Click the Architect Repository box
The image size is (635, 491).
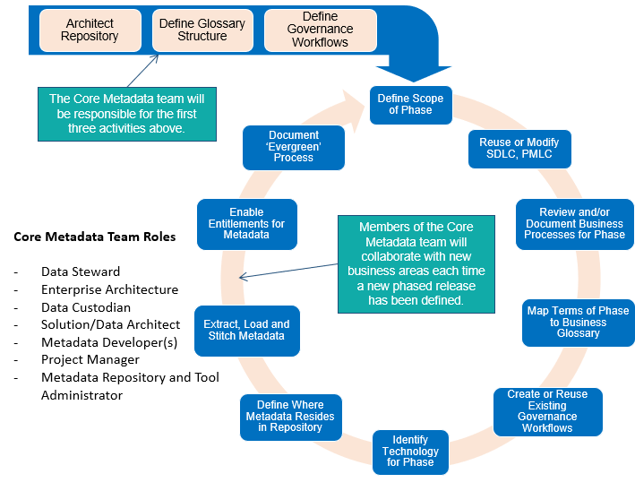point(90,30)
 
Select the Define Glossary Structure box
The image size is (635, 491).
point(202,30)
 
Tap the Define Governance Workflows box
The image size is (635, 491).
point(320,30)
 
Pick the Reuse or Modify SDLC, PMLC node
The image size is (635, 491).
point(520,148)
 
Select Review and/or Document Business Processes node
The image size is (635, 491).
point(575,224)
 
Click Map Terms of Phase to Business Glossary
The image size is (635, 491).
point(578,322)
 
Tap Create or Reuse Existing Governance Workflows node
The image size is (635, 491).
point(547,411)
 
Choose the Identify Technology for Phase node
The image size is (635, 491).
point(410,452)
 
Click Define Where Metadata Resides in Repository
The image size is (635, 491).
point(290,416)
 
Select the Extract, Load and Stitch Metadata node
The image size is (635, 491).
point(246,330)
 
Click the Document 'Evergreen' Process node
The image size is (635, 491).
point(294,146)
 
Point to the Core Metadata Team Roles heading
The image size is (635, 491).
point(94,237)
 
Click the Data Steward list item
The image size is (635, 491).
point(81,271)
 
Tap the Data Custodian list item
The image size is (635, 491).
point(86,306)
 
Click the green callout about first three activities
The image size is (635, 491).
point(126,114)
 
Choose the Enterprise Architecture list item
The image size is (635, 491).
point(109,289)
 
